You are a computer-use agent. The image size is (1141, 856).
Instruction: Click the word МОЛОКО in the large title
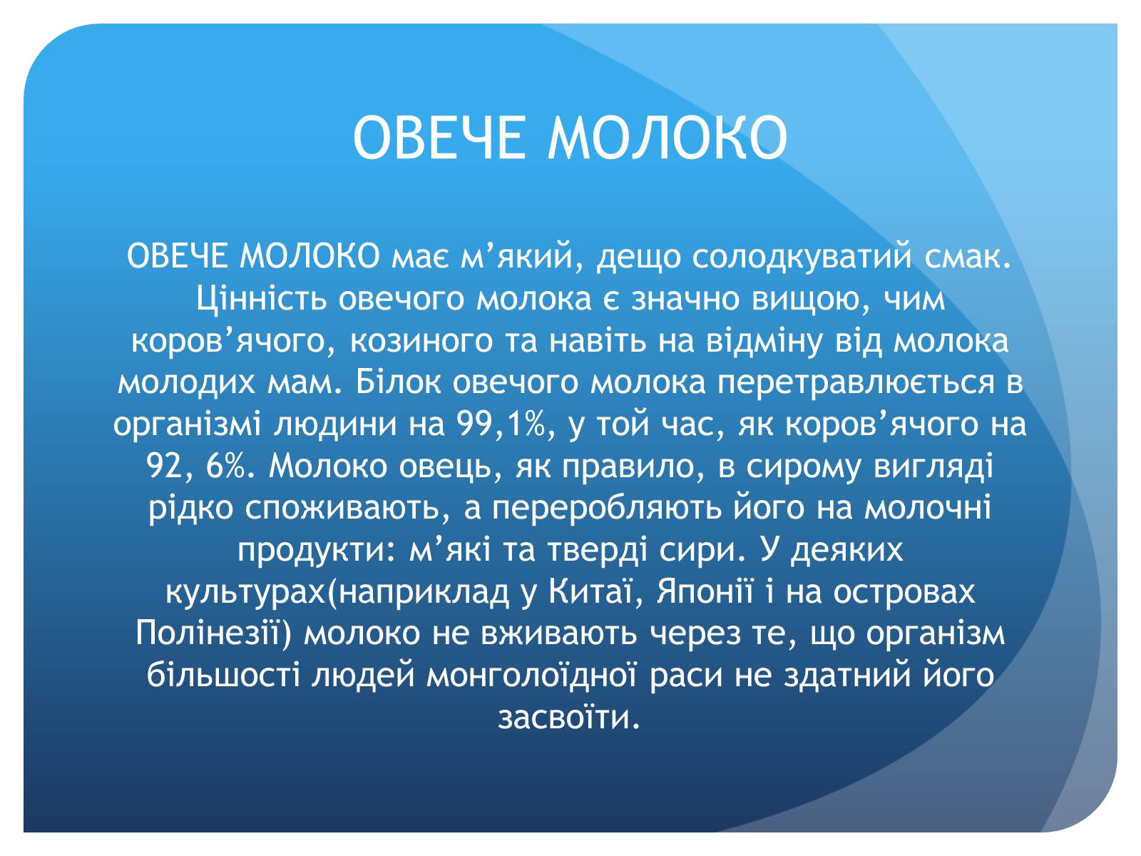pos(667,138)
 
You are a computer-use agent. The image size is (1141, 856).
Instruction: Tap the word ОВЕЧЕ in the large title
pos(439,138)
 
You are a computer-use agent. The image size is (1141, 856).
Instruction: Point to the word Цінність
pos(262,298)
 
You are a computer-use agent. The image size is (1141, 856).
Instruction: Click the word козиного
pos(421,342)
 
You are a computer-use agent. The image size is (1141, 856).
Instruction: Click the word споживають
pos(342,509)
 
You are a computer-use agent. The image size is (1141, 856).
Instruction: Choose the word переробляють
pos(607,509)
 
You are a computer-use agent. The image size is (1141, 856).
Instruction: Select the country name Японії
pos(704,591)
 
